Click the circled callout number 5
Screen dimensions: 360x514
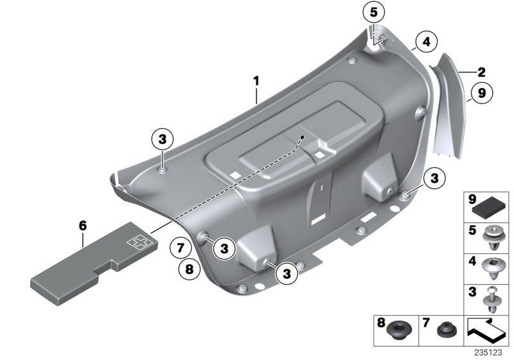click(x=374, y=13)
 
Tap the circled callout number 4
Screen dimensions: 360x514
click(x=425, y=43)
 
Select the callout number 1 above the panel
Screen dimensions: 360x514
click(x=256, y=82)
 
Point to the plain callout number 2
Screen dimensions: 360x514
click(x=481, y=72)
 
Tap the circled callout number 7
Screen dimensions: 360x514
click(x=181, y=247)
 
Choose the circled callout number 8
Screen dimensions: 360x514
click(x=189, y=270)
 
